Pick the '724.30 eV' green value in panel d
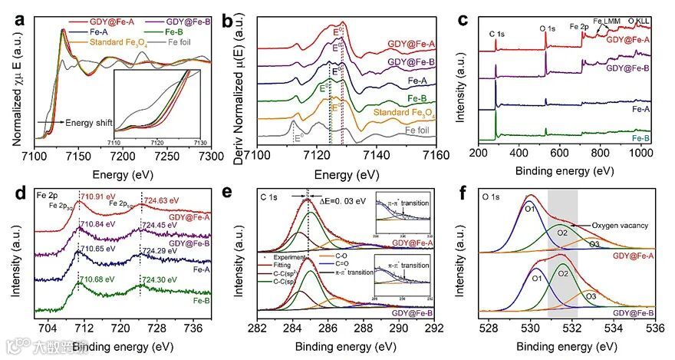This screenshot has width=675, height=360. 162,281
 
